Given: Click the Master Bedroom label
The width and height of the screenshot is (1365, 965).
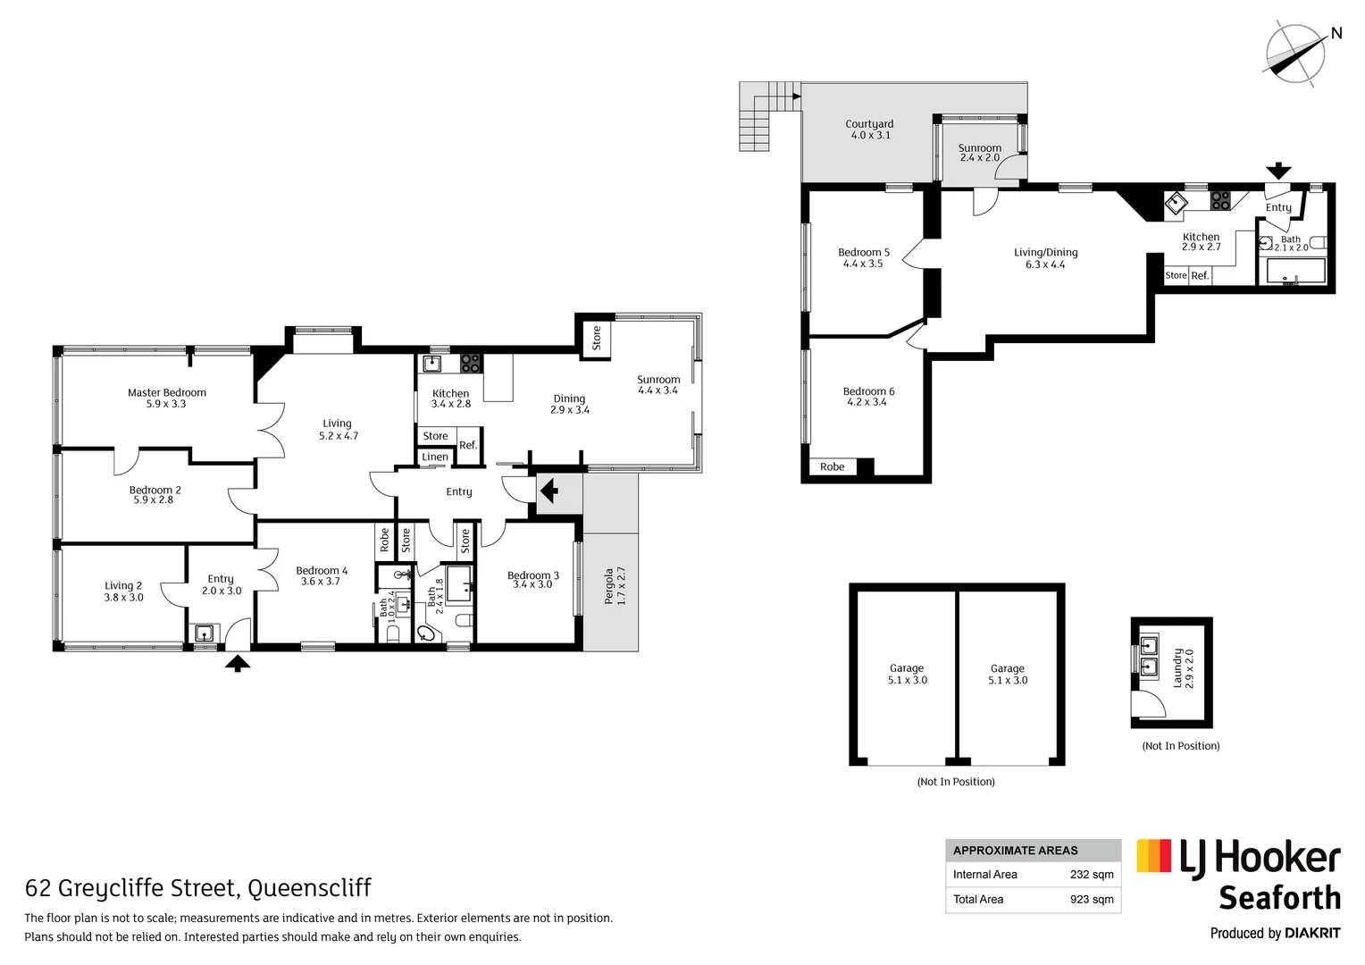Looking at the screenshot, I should pyautogui.click(x=166, y=398).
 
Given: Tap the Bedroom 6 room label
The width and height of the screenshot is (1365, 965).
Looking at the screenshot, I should pyautogui.click(x=868, y=397).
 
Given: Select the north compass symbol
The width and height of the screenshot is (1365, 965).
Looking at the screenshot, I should pyautogui.click(x=1295, y=54).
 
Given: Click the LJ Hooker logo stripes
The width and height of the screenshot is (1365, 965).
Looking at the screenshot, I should pyautogui.click(x=1153, y=856).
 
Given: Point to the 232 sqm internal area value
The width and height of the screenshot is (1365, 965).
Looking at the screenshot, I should pyautogui.click(x=1092, y=875).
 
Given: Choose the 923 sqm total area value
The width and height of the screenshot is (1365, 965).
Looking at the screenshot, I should pyautogui.click(x=1092, y=900).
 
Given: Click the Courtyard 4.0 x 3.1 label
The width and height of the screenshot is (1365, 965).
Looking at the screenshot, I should pyautogui.click(x=869, y=130).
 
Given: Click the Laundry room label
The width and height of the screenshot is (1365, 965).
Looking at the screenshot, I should pyautogui.click(x=1183, y=668).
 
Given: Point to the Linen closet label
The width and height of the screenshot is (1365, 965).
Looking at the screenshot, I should pyautogui.click(x=435, y=457).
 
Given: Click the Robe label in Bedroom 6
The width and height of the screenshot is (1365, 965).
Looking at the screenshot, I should pyautogui.click(x=832, y=466).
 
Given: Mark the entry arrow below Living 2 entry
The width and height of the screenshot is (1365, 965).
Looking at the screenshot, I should pyautogui.click(x=237, y=663).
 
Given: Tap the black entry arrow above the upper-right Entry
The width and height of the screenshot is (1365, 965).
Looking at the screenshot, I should pyautogui.click(x=1279, y=171).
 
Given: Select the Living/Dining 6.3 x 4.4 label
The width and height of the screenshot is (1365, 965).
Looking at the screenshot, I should pyautogui.click(x=1045, y=258).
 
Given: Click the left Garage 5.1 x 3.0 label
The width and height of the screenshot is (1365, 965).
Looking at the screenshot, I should pyautogui.click(x=907, y=674).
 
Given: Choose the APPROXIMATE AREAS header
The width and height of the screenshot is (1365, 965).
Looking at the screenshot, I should pyautogui.click(x=1015, y=851).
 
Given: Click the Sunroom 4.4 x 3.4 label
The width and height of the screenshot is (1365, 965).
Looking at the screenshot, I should pyautogui.click(x=658, y=385).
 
